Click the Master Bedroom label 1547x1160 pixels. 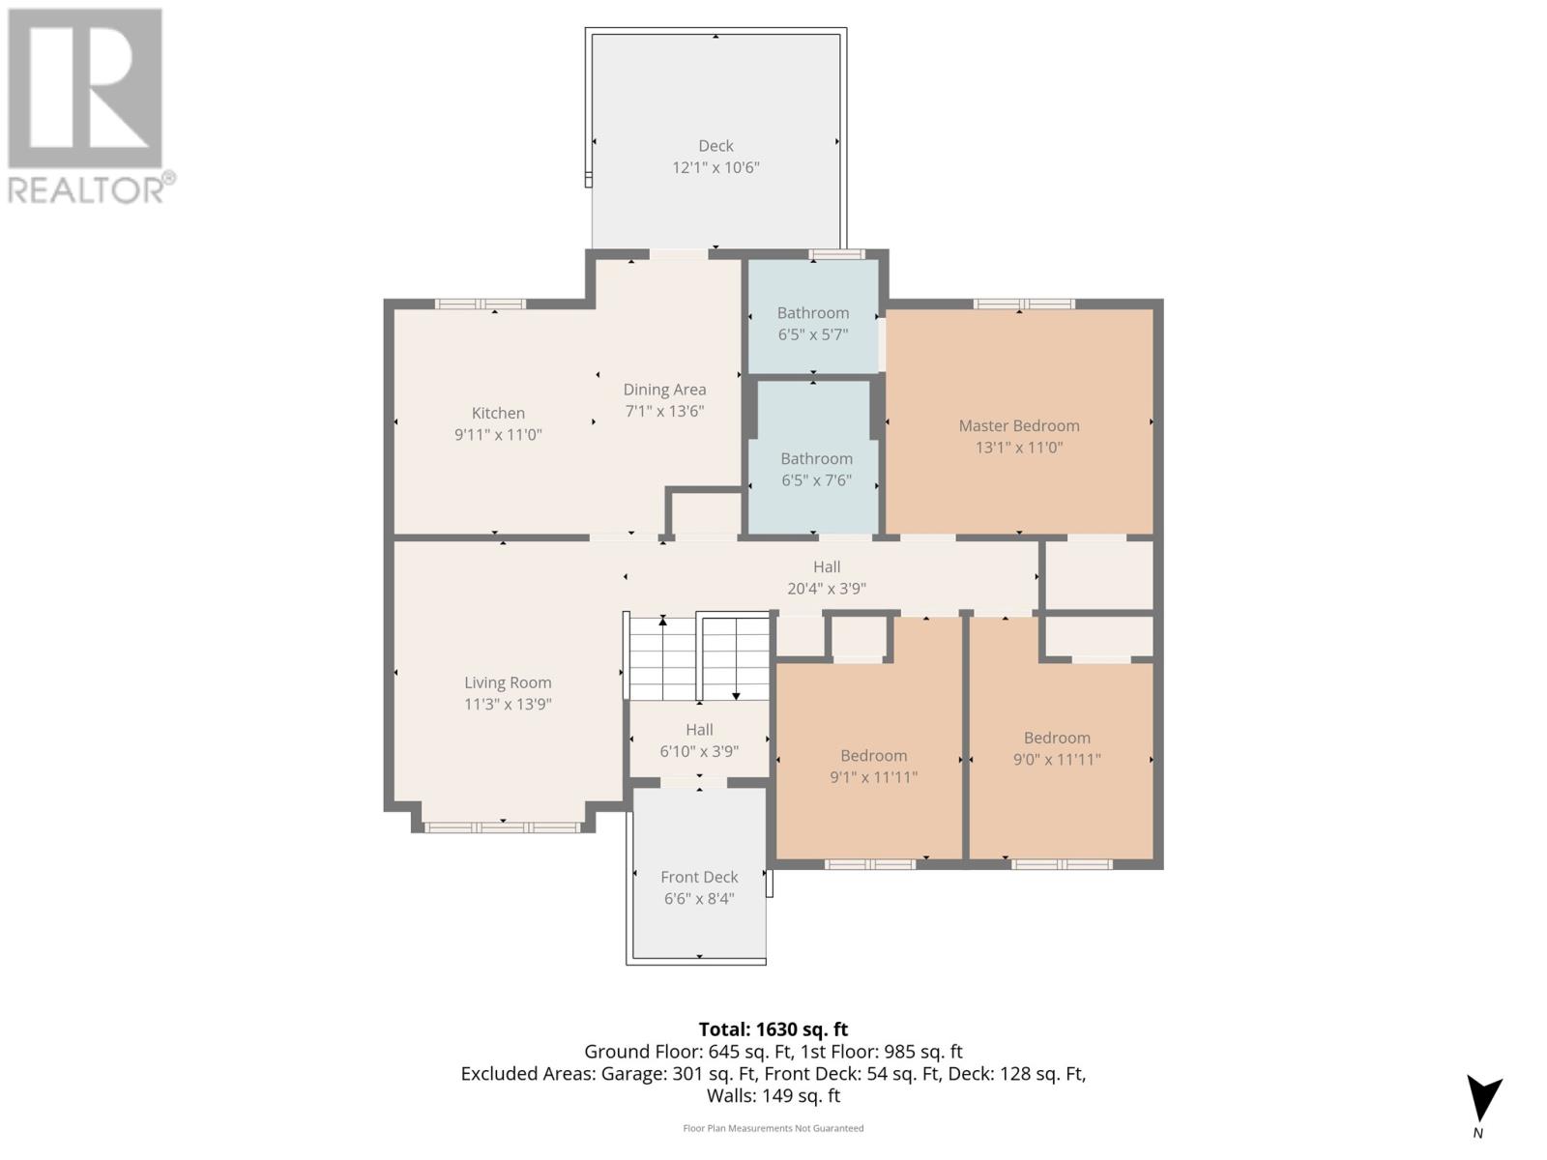[1018, 425]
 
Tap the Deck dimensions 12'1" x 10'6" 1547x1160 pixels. [715, 167]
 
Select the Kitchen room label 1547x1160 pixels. [498, 413]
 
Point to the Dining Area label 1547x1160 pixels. [664, 390]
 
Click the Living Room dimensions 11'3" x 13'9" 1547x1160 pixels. [508, 704]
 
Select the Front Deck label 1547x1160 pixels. [699, 877]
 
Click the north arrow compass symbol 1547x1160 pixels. [1483, 1100]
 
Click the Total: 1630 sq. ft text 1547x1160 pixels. [773, 1029]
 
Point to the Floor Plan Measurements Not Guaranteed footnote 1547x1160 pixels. [773, 1128]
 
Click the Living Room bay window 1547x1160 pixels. [503, 827]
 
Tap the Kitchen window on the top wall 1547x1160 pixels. [481, 304]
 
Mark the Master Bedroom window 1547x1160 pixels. [1024, 304]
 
